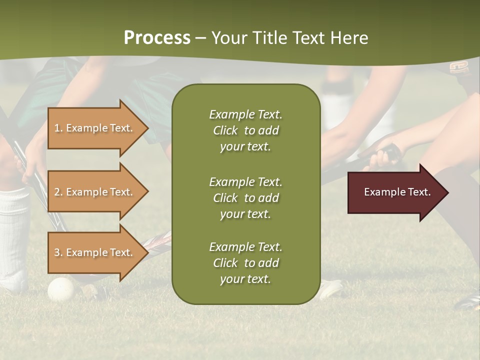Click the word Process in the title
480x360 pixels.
pos(157,38)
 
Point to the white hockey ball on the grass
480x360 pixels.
pos(60,289)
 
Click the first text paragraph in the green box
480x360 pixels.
pos(245,130)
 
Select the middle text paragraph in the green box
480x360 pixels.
pos(245,198)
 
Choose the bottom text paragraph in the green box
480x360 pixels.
pos(245,263)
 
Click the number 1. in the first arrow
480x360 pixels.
pos(58,128)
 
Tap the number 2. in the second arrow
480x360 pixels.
pos(58,192)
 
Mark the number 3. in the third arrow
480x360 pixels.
pos(58,252)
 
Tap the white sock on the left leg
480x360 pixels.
pos(13,230)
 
